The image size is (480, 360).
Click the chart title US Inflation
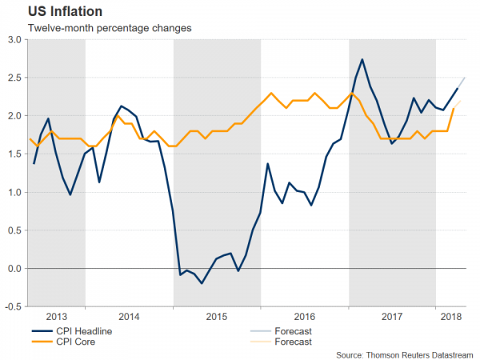tap(54, 11)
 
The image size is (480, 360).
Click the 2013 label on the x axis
tap(57, 316)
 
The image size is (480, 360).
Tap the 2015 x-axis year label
tap(217, 316)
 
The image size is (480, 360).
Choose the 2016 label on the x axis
tap(305, 316)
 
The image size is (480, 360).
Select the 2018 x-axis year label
tap(452, 316)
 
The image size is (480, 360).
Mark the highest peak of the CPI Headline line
tap(362, 59)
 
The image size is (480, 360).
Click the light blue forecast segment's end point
tap(466, 78)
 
